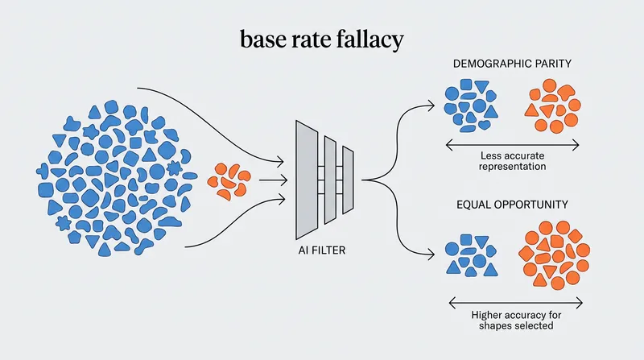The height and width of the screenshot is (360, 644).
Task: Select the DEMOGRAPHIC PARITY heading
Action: [512, 64]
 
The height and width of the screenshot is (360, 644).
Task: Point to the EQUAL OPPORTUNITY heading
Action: [512, 205]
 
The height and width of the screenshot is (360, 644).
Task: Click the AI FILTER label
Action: [322, 250]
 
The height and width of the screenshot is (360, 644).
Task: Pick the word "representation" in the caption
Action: [512, 167]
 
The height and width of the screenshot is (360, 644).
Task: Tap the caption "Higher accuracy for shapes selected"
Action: [516, 321]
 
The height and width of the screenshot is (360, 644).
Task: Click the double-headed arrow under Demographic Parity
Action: [512, 145]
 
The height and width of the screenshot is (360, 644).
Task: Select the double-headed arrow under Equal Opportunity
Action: [516, 304]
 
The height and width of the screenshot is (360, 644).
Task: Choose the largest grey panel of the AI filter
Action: [307, 180]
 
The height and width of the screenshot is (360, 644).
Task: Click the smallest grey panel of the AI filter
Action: [348, 180]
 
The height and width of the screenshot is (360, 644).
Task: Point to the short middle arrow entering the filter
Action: [273, 180]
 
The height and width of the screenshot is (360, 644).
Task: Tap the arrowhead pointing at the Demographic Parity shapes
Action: [430, 106]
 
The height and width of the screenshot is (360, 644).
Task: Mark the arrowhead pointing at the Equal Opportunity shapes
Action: [430, 254]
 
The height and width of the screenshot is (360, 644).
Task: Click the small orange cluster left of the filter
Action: [229, 181]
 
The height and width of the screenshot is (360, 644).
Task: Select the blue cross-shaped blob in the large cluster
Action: [43, 171]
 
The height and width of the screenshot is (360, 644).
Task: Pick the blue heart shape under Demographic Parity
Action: [485, 124]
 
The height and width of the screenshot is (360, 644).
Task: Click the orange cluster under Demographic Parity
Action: [552, 106]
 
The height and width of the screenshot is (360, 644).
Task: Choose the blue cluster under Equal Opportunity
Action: [472, 254]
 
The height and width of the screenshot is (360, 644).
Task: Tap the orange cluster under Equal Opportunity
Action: [554, 254]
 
